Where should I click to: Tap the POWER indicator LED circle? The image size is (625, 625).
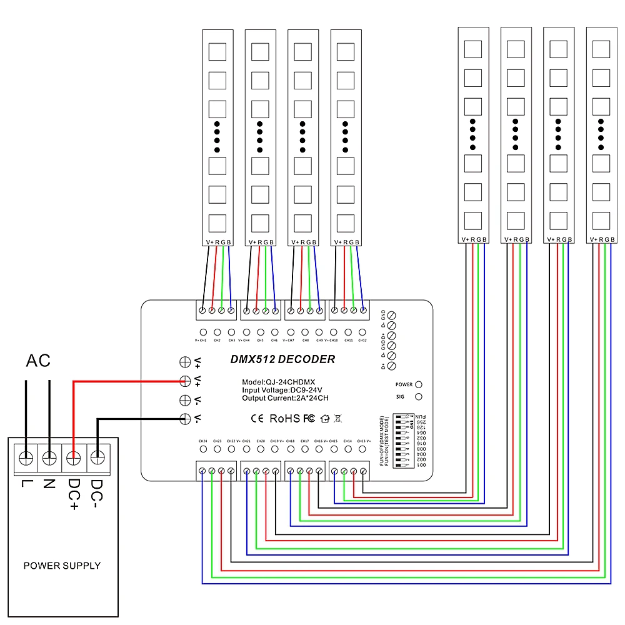tap(419, 384)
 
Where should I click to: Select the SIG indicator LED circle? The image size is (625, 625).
tap(419, 396)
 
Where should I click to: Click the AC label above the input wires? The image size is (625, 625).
tap(38, 361)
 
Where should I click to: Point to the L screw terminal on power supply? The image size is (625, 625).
tap(26, 459)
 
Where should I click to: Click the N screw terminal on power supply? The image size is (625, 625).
tap(49, 459)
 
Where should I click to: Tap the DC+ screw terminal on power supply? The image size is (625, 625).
tap(73, 459)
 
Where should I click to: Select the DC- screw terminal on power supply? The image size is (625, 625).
tap(97, 459)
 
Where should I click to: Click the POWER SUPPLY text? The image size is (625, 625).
tap(62, 566)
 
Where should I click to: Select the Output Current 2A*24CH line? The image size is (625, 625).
tap(286, 397)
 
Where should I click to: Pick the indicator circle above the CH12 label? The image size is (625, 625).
tap(362, 332)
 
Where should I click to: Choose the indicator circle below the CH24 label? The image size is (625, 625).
tap(202, 449)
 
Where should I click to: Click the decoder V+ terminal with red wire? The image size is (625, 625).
tap(185, 380)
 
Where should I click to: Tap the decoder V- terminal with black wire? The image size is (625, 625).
tap(185, 419)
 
